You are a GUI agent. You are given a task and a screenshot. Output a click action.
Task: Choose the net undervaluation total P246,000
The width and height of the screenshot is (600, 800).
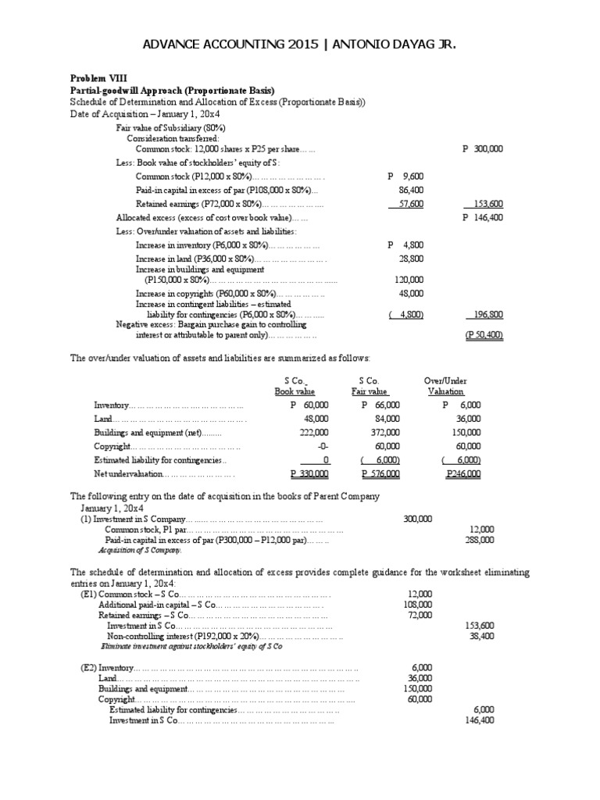[x=463, y=473]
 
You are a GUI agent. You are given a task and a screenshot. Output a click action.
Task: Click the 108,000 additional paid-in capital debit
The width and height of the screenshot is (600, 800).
[x=420, y=605]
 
